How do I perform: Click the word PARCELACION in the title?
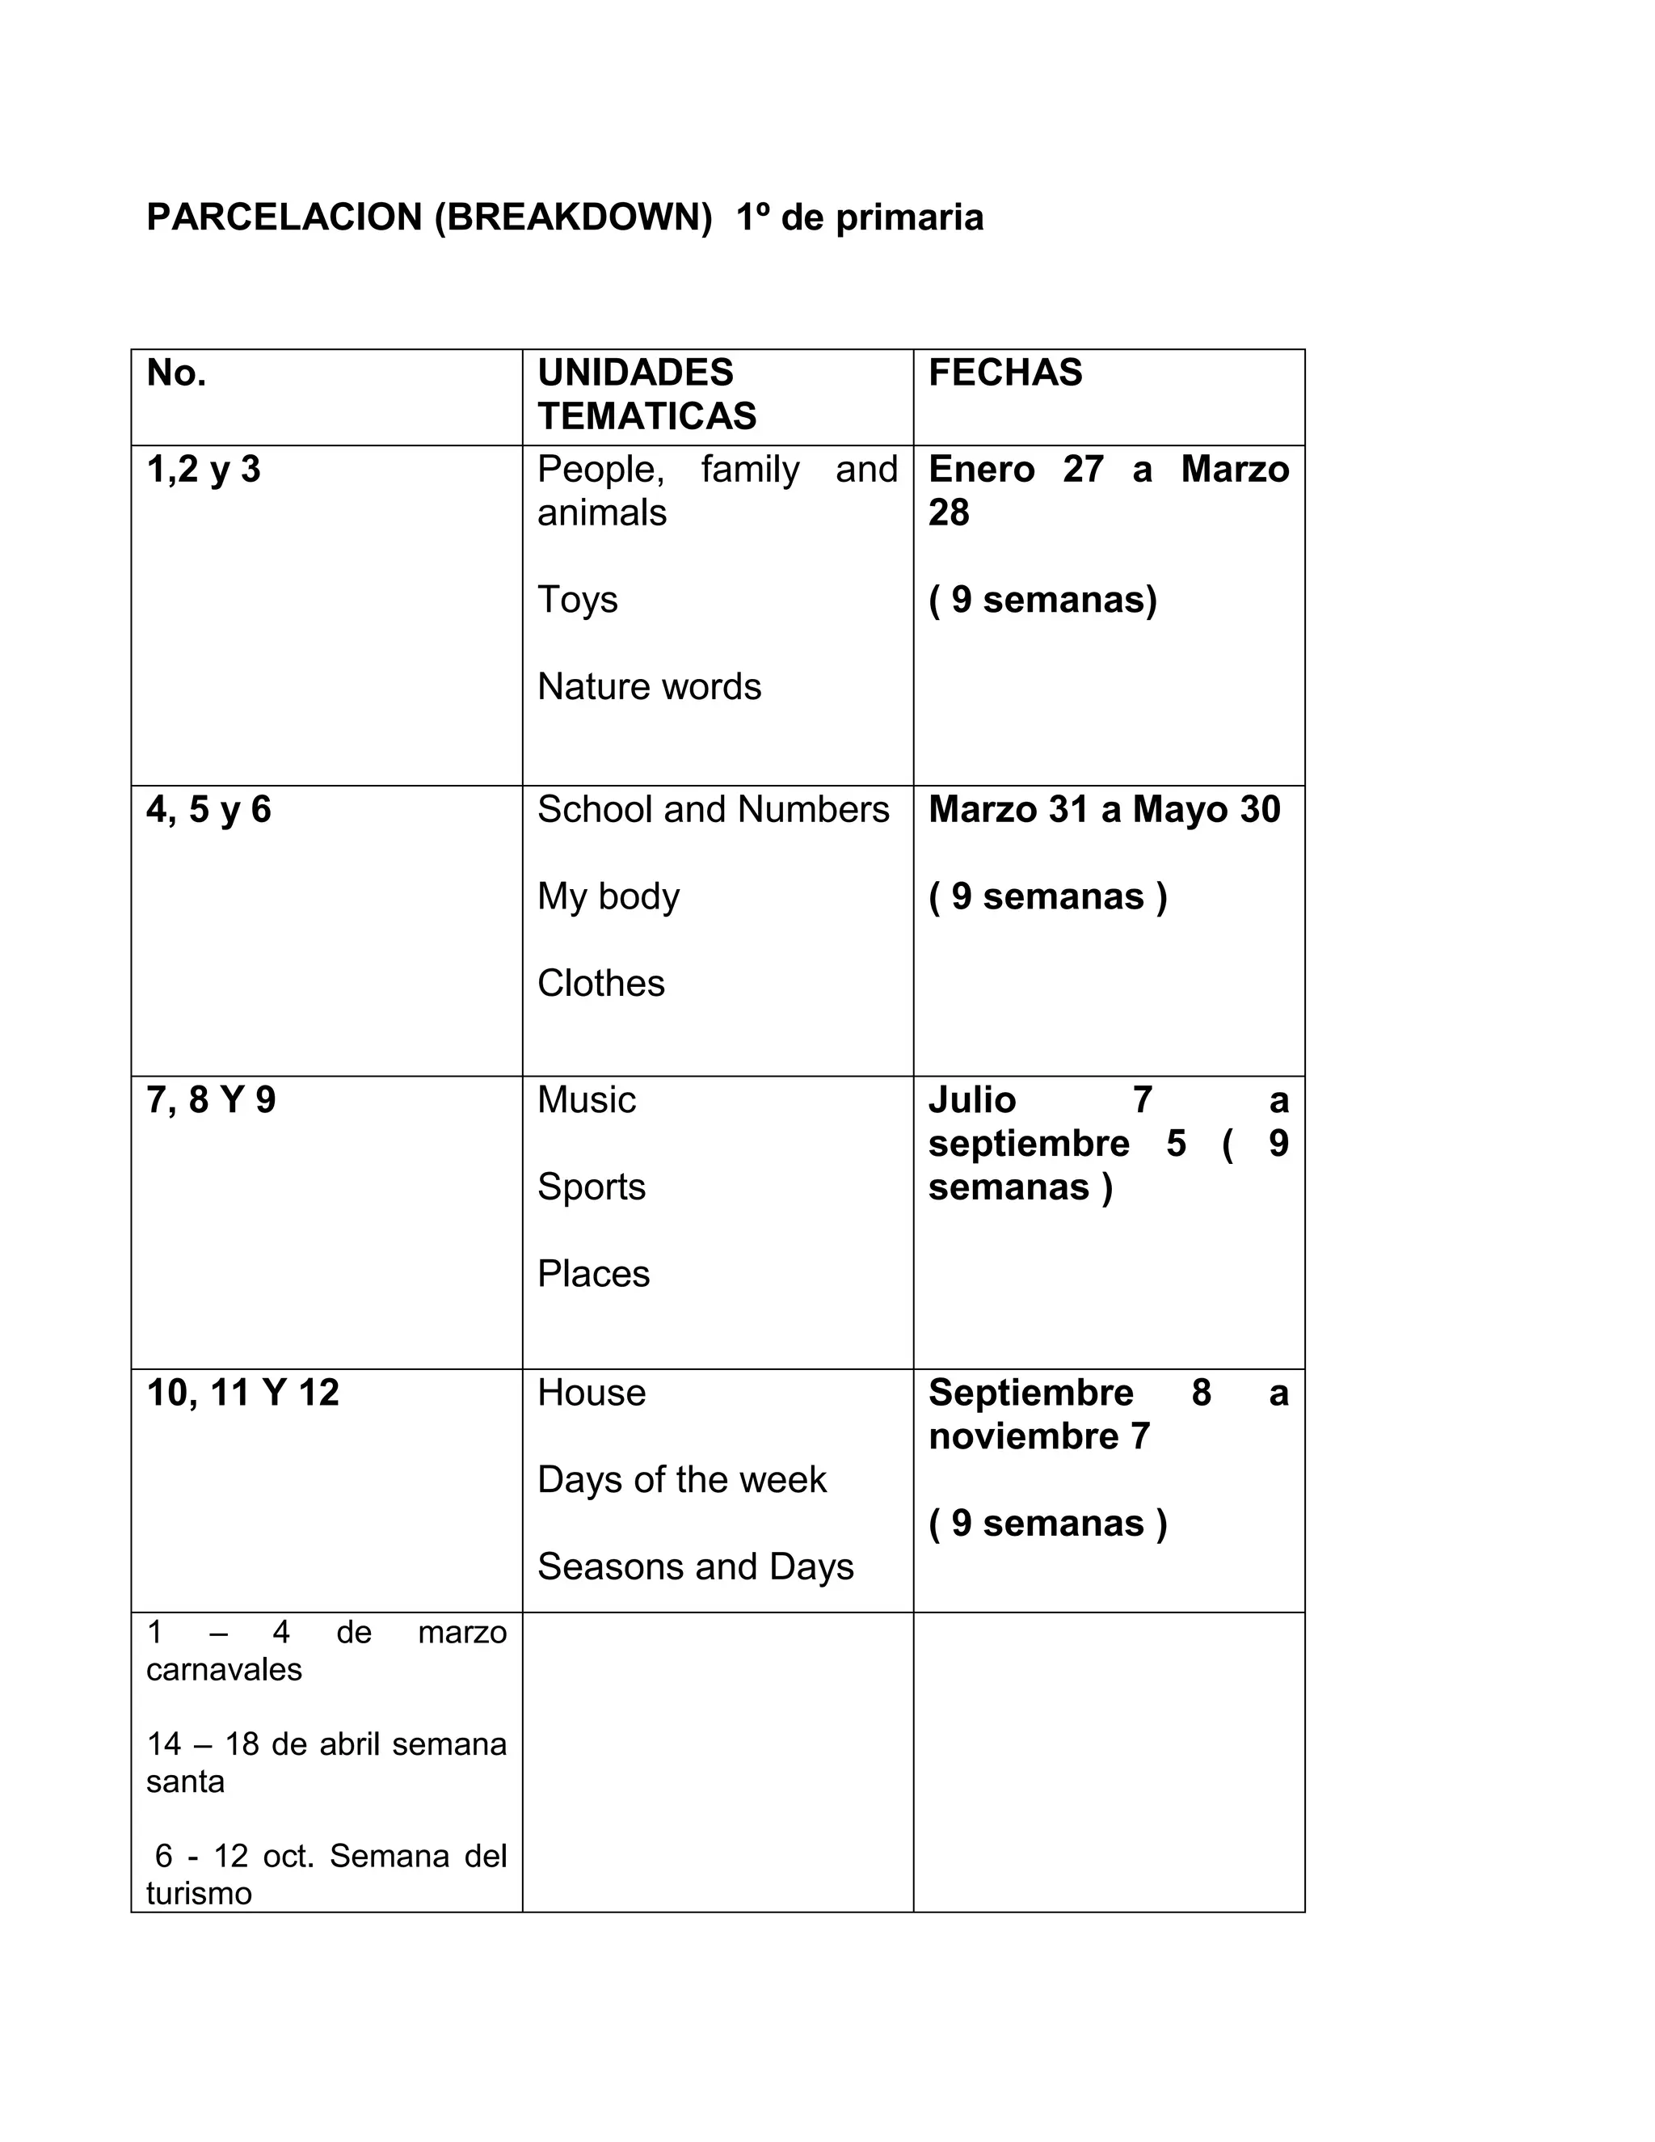click(284, 217)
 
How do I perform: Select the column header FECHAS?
click(1005, 373)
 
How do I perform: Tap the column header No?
click(176, 373)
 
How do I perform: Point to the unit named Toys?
click(578, 599)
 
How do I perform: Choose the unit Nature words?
click(649, 686)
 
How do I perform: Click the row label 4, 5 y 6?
click(208, 810)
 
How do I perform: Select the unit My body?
click(608, 896)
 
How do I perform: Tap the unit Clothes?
click(601, 984)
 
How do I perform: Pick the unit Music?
click(587, 1100)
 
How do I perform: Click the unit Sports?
click(592, 1187)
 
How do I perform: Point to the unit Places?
click(593, 1274)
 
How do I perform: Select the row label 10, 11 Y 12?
click(243, 1393)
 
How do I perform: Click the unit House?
click(592, 1393)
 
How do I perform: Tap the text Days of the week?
click(681, 1480)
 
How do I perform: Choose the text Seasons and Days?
click(695, 1567)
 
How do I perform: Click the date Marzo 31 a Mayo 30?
click(1104, 810)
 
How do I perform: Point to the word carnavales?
click(224, 1669)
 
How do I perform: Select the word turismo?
click(199, 1893)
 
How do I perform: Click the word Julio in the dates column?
click(971, 1100)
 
